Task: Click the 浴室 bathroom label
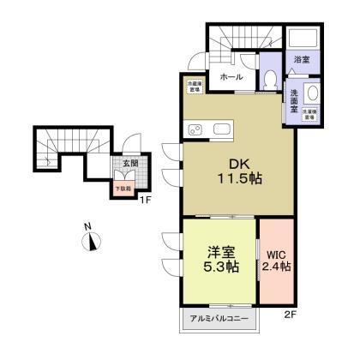301,60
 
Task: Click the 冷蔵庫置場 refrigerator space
195,85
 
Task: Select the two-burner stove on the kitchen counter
195,129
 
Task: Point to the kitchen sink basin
221,129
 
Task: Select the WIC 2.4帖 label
275,260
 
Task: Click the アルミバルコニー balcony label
219,319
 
